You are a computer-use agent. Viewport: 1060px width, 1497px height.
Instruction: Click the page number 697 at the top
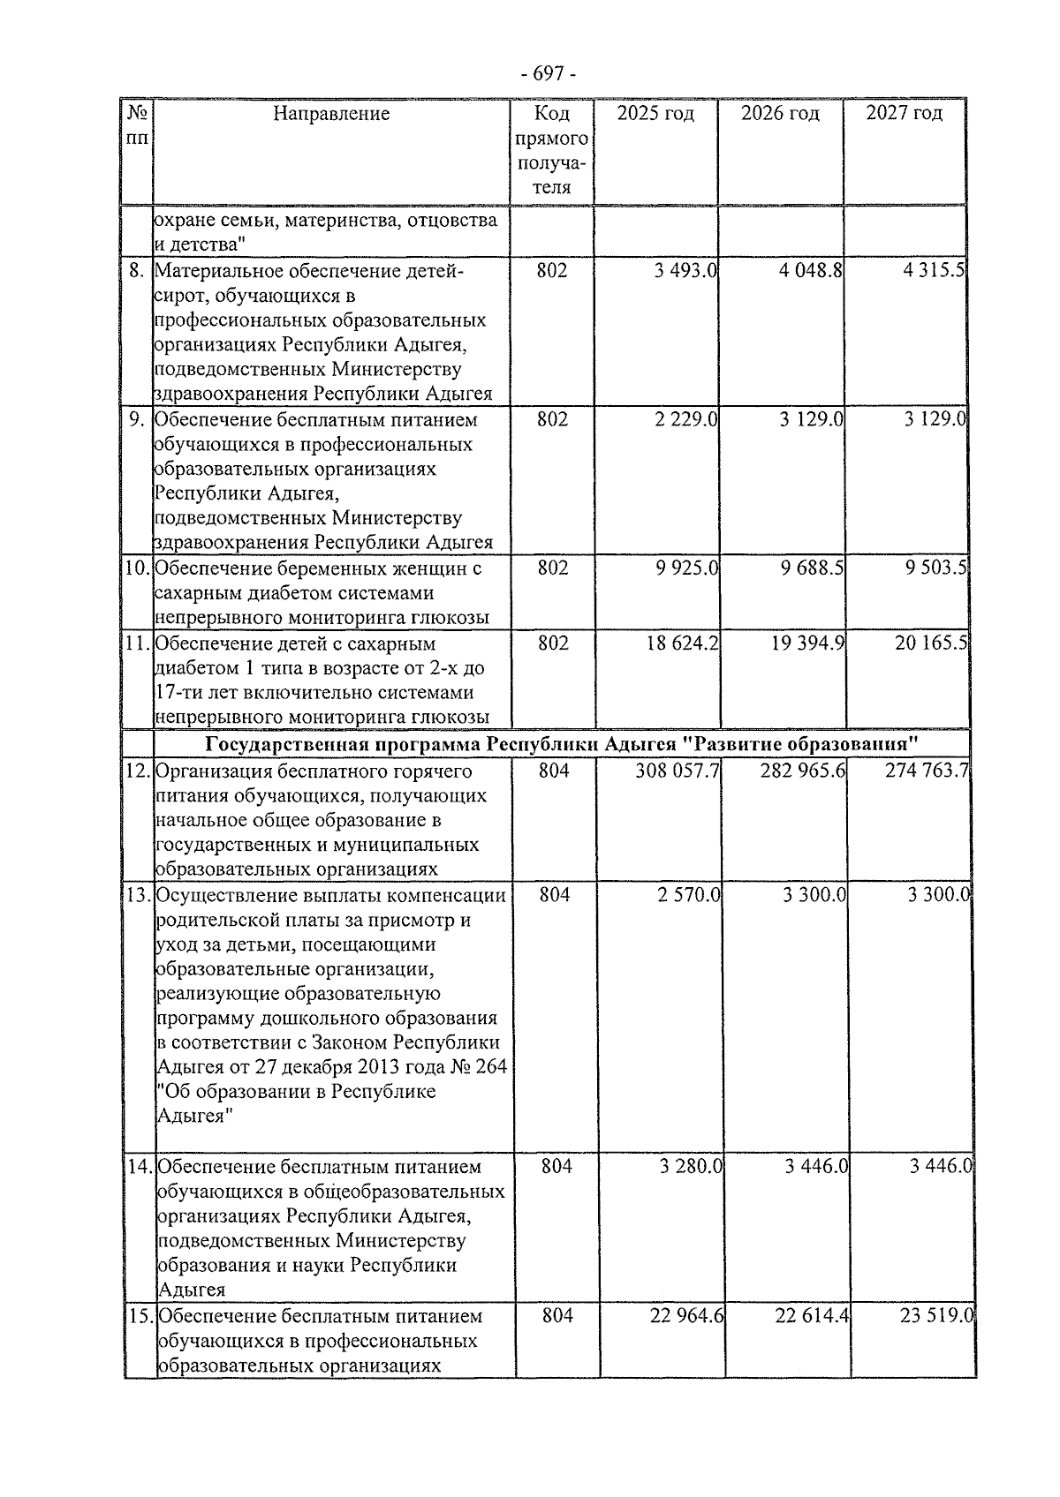coord(548,74)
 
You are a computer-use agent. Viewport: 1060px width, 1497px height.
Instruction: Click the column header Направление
coord(331,113)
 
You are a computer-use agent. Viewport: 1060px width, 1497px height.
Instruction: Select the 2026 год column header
coord(780,113)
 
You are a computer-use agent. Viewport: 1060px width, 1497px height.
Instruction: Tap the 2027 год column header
coord(904,113)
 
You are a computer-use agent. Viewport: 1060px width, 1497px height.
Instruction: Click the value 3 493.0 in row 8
coord(685,270)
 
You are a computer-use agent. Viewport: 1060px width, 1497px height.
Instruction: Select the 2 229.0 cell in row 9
coord(686,419)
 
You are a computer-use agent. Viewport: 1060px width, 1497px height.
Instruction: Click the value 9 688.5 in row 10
coord(811,568)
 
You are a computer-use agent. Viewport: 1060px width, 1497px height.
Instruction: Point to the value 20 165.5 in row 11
coord(931,643)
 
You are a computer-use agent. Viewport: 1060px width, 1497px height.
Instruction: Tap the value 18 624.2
coord(682,643)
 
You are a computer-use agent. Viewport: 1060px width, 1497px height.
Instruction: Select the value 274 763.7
coord(927,771)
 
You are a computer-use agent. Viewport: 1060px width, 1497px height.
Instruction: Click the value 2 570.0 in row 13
coord(689,895)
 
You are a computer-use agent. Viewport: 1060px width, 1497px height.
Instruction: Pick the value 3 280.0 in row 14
coord(691,1167)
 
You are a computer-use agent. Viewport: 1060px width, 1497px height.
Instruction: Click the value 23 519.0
coord(937,1316)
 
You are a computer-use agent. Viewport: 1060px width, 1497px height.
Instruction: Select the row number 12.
coord(137,771)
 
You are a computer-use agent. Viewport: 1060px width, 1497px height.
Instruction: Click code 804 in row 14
coord(556,1167)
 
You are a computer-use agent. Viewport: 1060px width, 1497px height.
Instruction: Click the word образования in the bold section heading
coord(848,743)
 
